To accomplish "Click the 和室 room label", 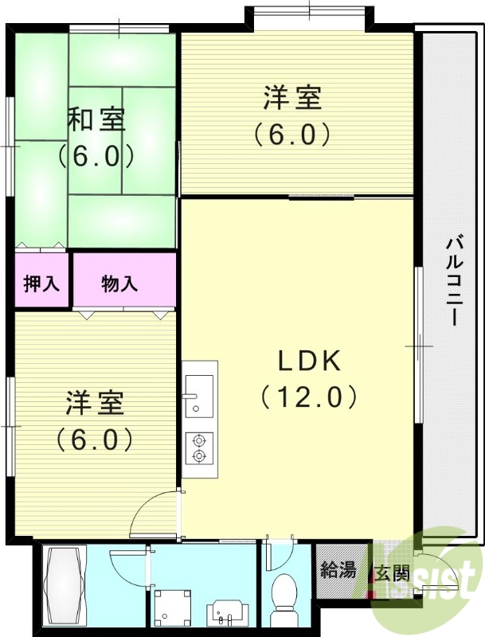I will point(96,121).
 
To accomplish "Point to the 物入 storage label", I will point(120,283).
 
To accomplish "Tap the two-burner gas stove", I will point(198,447).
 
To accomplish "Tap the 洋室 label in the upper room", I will point(293,100).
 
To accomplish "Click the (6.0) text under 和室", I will point(96,156).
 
